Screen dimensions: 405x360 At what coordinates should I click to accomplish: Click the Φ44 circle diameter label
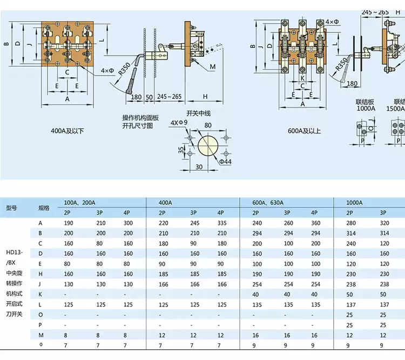coord(226,162)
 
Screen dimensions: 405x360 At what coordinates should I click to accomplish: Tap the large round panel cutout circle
coord(208,145)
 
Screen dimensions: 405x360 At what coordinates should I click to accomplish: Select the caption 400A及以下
coord(67,131)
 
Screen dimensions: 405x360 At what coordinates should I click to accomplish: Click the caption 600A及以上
coord(304,131)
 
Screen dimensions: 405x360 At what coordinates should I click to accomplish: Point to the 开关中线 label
coord(198,114)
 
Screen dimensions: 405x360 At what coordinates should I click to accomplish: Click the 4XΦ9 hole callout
coord(179,123)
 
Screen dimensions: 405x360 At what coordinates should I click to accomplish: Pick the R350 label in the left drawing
coord(124,69)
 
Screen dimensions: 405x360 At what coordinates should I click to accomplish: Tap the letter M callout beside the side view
coord(213,67)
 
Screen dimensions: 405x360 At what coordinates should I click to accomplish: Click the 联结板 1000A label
coord(366,105)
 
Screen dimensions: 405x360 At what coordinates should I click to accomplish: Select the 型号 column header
coord(11,208)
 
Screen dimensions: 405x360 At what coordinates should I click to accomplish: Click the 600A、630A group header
coord(268,203)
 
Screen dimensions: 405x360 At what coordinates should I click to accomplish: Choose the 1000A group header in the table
coord(354,203)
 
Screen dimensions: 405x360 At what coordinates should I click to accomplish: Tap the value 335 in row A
coord(222,223)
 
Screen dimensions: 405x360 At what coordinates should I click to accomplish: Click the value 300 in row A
coord(128,223)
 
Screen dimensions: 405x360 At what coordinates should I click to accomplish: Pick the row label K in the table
coord(40,294)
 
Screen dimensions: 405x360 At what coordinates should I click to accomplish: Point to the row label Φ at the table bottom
coord(41,345)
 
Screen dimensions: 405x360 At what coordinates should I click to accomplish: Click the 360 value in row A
coord(316,223)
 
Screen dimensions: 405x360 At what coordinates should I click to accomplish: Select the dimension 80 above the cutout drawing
coord(208,125)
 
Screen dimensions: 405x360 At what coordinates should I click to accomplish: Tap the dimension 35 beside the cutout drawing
coord(181,150)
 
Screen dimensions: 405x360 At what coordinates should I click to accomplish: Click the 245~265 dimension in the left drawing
coord(169,97)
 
